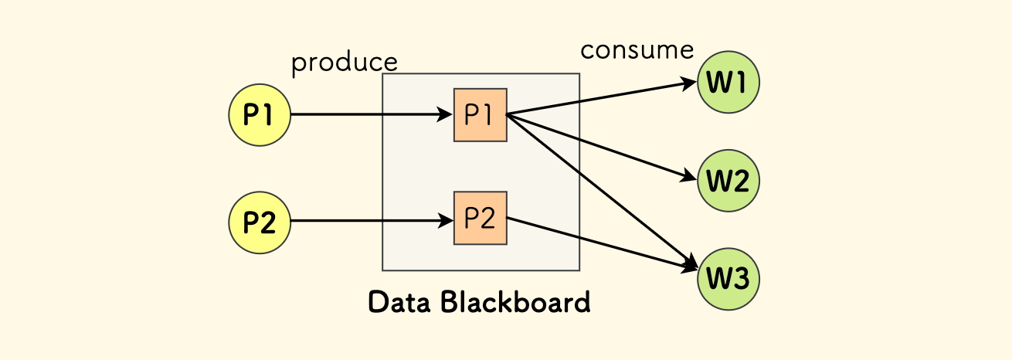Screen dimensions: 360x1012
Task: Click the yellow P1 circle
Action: click(259, 115)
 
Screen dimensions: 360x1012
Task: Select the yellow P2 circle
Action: click(259, 222)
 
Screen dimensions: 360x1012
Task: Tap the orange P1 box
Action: click(481, 115)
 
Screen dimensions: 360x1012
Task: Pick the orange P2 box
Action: click(481, 219)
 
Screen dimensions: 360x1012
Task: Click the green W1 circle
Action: click(728, 82)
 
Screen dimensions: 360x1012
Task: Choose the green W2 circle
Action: click(728, 181)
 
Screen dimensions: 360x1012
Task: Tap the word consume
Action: click(637, 50)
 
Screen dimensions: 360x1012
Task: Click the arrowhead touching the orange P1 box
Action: click(446, 115)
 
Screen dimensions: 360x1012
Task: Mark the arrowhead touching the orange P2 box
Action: click(446, 222)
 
